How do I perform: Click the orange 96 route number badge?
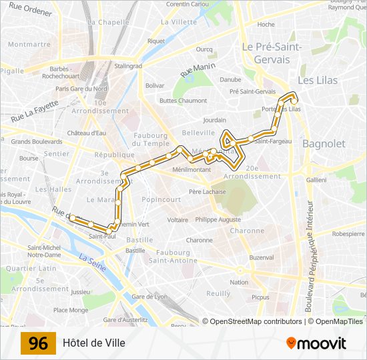(x=39, y=343)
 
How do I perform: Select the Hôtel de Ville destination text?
(x=94, y=343)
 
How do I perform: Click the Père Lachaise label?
(x=207, y=192)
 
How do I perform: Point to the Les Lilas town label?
(x=318, y=80)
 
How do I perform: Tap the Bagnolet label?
(x=324, y=143)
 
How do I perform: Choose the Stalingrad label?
(x=128, y=66)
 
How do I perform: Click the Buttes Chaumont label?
(x=183, y=101)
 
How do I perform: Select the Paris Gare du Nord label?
(x=81, y=89)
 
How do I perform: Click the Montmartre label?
(x=29, y=45)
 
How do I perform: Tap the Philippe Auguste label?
(x=218, y=219)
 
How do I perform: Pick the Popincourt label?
(x=161, y=199)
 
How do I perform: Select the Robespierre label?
(x=348, y=234)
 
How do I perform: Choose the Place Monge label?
(x=71, y=310)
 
